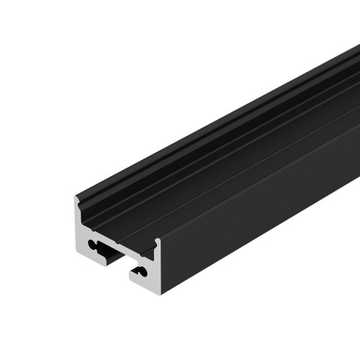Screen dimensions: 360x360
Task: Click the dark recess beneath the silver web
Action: point(114,256)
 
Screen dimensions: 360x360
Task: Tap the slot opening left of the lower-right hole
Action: point(134,271)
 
